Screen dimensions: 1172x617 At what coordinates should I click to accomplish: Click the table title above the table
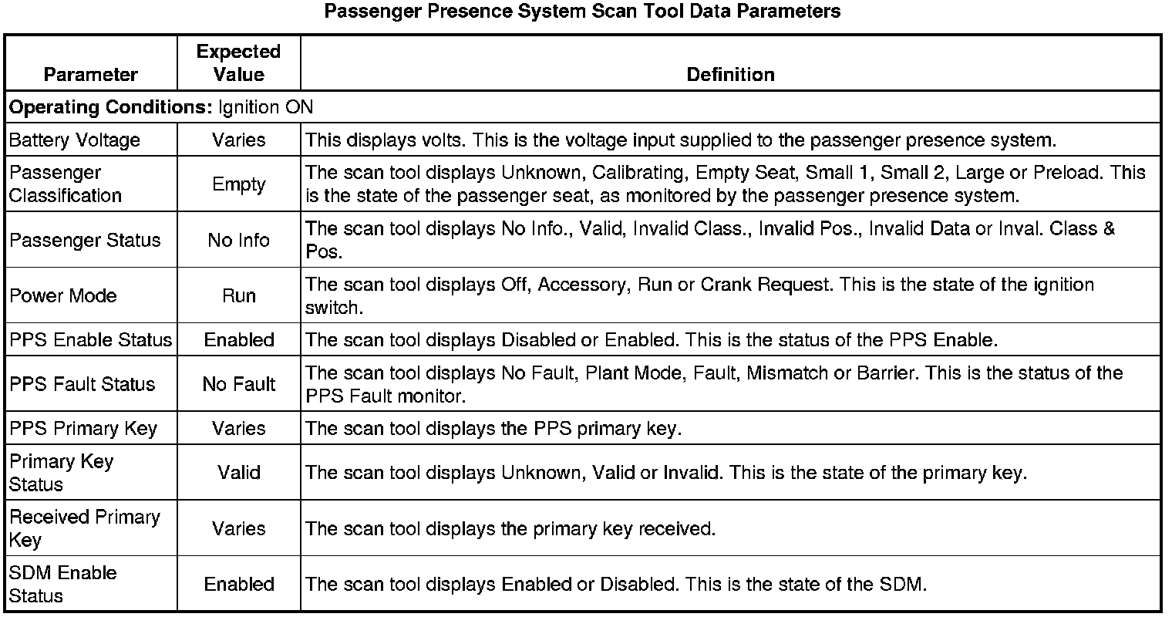582,12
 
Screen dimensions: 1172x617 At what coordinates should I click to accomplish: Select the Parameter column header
90,75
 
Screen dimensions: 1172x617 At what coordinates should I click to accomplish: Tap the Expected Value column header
238,63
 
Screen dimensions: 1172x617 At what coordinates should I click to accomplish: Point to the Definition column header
730,75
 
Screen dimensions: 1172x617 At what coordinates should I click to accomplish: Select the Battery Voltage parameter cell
75,140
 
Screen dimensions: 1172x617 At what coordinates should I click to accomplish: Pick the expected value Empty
238,184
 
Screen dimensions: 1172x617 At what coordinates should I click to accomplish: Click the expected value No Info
238,241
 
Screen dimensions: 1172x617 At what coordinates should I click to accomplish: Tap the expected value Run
238,296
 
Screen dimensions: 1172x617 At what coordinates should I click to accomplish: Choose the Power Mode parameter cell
63,296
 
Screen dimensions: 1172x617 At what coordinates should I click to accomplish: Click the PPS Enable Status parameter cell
90,340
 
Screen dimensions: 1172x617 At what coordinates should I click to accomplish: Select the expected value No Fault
238,384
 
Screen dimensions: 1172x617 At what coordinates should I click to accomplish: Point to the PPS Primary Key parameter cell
83,429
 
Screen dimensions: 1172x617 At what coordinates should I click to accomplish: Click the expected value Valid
238,472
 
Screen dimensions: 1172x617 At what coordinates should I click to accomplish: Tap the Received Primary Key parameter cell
84,528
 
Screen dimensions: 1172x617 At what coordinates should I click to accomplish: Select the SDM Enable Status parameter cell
63,584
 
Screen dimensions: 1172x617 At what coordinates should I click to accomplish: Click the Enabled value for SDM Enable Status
238,584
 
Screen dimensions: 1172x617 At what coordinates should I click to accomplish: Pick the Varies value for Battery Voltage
238,140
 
